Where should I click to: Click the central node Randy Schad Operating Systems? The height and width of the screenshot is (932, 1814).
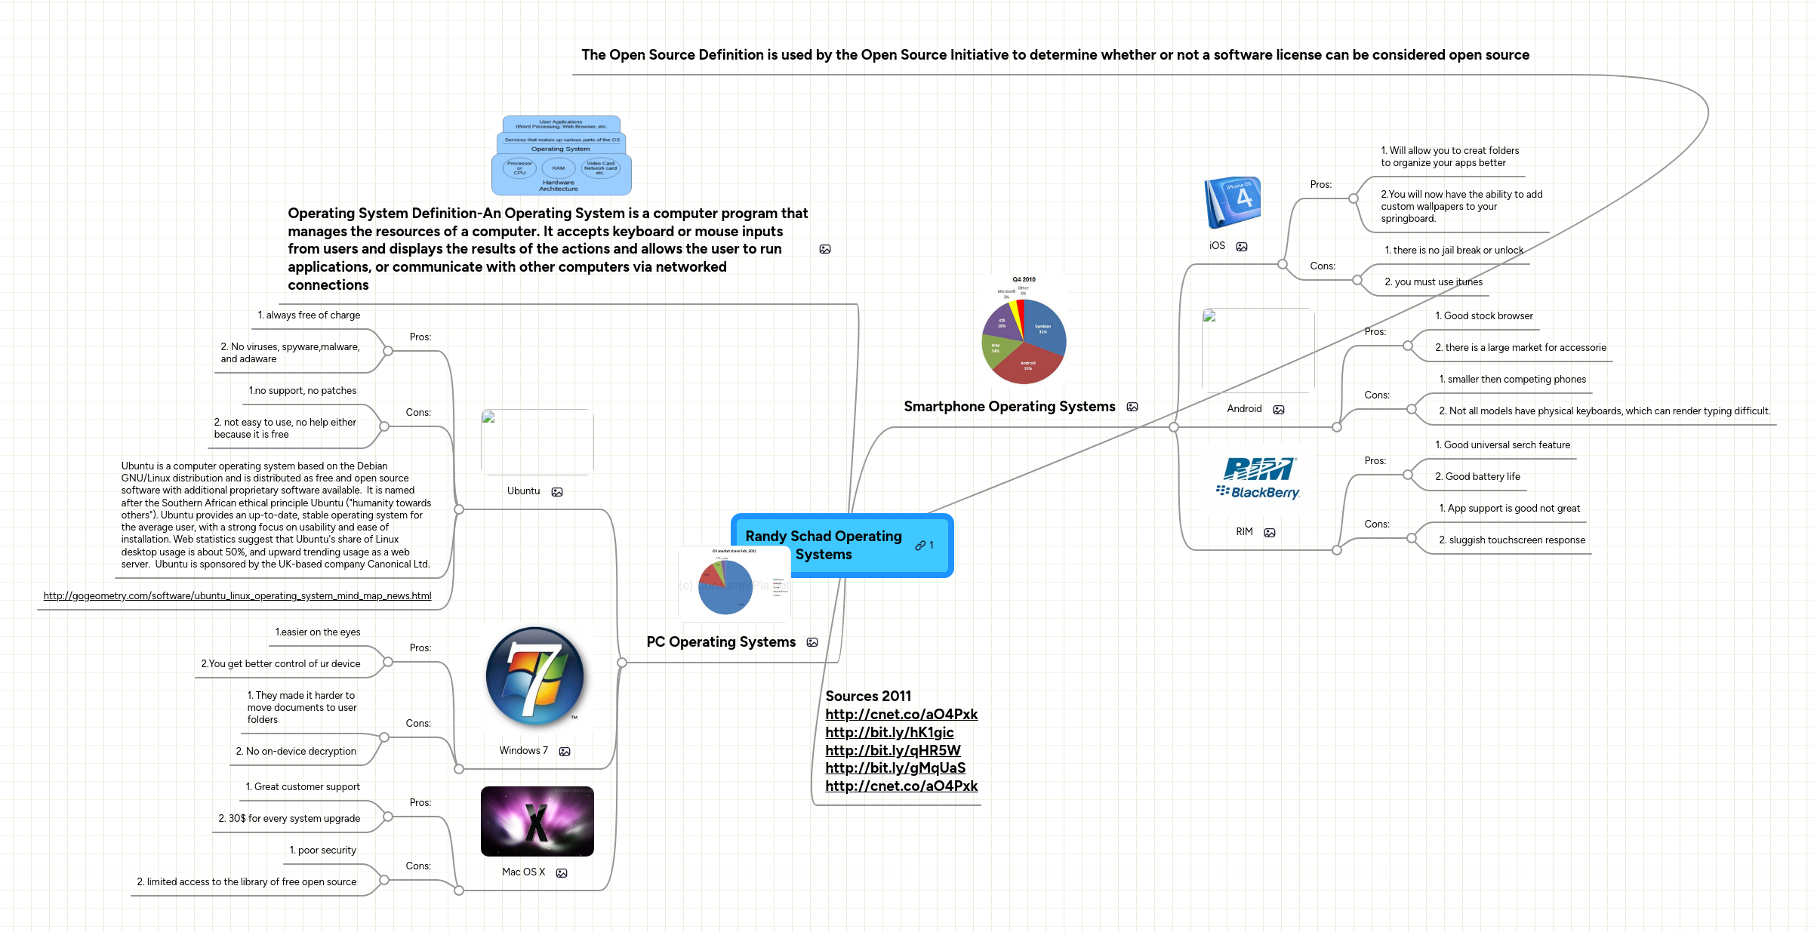[824, 545]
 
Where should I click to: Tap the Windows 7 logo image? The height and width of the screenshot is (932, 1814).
[535, 676]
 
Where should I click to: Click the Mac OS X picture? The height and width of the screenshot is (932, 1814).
[537, 821]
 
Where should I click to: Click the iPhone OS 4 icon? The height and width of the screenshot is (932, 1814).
[1233, 201]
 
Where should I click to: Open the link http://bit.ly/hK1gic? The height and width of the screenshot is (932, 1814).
[889, 732]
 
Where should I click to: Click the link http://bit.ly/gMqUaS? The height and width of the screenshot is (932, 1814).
[895, 767]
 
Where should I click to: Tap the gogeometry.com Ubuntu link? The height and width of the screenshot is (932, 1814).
[237, 595]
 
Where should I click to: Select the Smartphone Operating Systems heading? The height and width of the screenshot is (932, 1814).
[1009, 407]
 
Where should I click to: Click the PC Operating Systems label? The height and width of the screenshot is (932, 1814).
[721, 642]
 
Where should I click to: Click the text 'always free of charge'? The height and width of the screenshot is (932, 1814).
[313, 315]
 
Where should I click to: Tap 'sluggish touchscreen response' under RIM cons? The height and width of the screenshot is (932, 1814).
[1517, 540]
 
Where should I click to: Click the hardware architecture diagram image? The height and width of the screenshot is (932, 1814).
[561, 155]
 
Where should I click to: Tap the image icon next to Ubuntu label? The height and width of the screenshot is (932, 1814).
[557, 491]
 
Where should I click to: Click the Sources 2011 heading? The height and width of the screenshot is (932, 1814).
[868, 696]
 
